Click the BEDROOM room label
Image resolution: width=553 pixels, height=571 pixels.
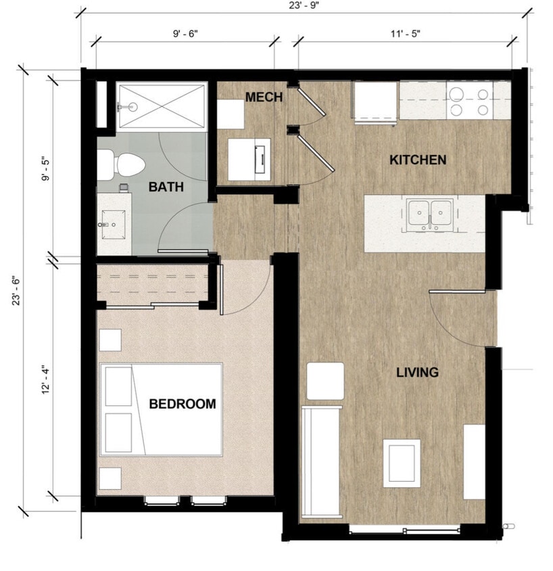point(183,404)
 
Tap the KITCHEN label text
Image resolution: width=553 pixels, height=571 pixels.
point(418,160)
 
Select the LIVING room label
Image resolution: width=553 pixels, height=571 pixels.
point(417,372)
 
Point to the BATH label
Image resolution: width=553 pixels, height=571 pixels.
point(166,187)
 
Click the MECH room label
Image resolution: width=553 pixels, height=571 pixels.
point(264,97)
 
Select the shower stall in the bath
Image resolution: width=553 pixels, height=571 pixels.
point(162,106)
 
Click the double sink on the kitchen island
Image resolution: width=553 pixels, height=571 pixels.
point(430,214)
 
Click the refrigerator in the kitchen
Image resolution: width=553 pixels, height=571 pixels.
point(375,102)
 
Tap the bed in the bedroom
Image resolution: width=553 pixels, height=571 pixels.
point(162,409)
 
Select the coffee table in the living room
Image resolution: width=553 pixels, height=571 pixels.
point(402,463)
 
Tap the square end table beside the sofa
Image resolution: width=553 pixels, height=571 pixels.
point(325,381)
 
